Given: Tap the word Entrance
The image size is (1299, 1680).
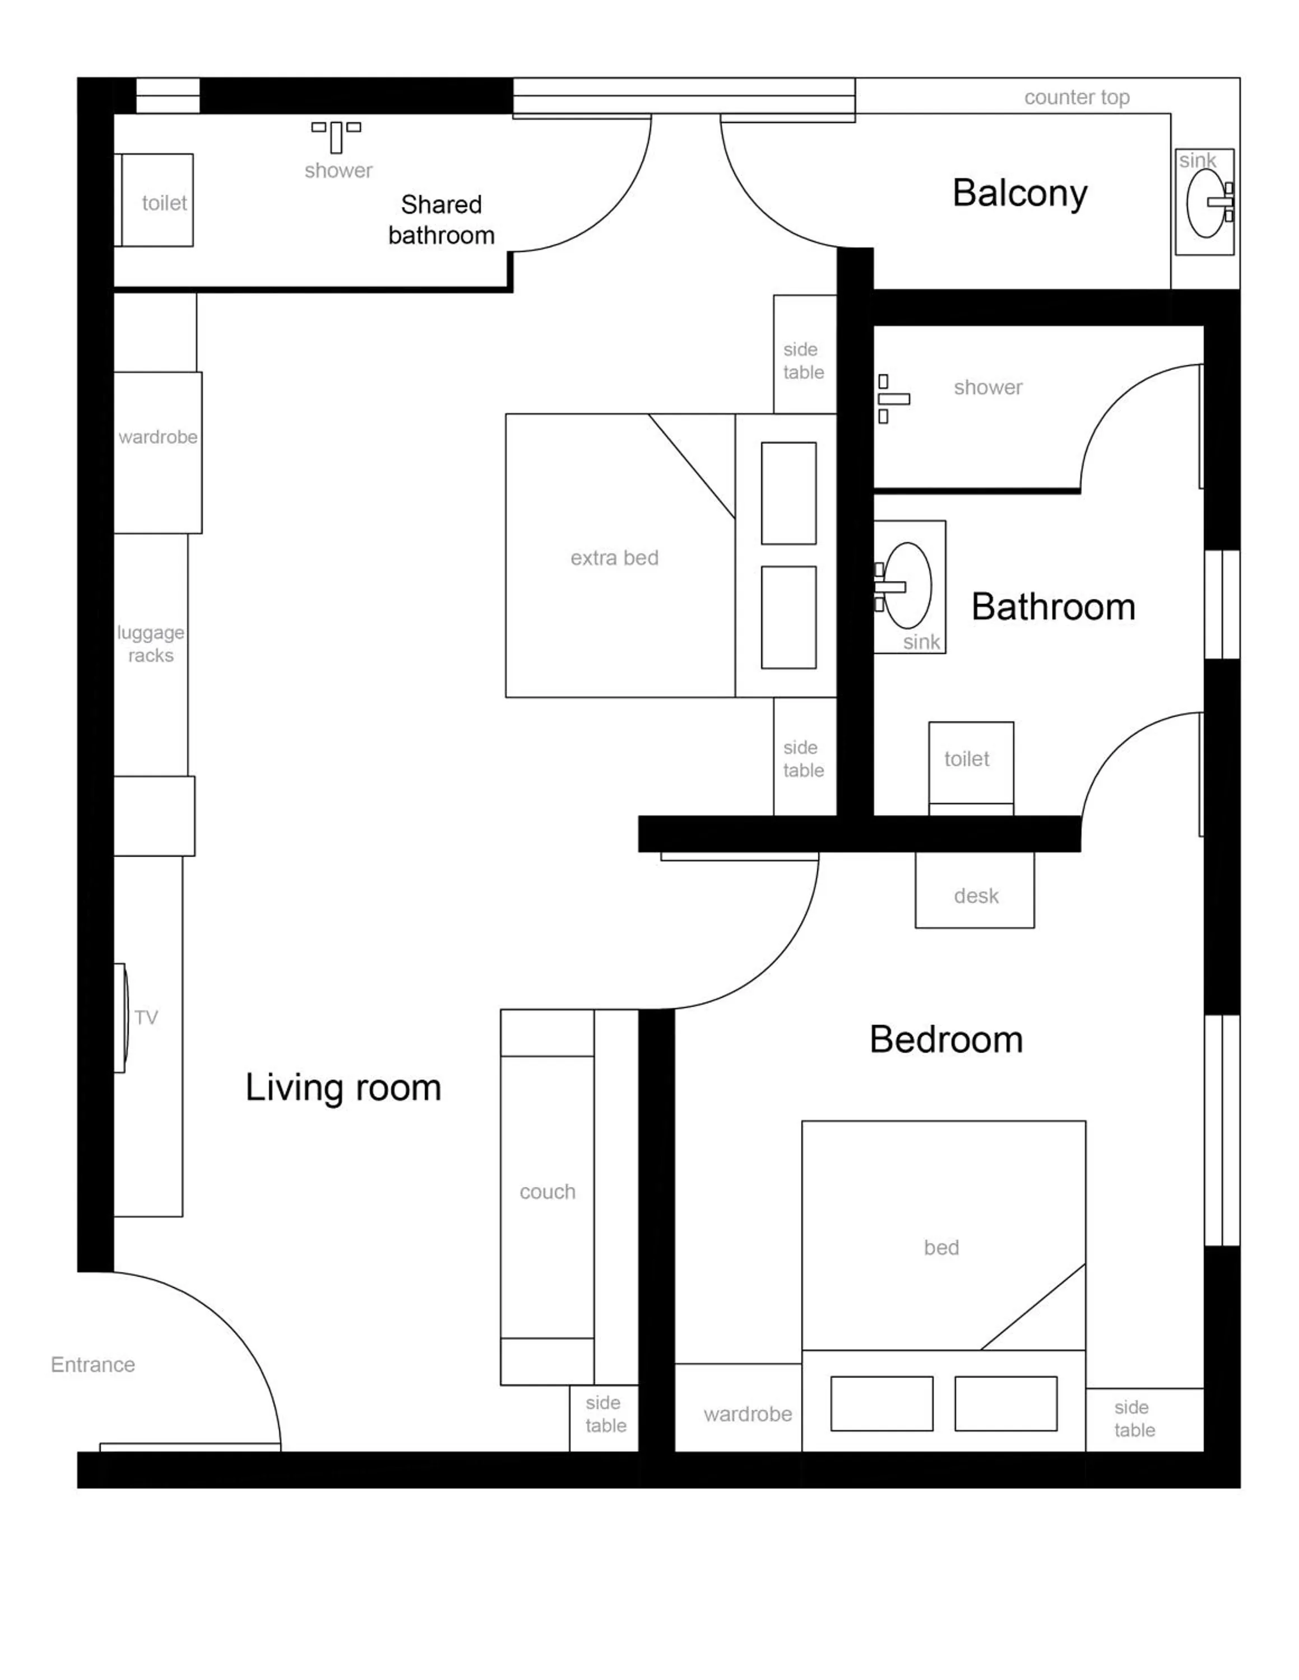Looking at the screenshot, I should click(93, 1365).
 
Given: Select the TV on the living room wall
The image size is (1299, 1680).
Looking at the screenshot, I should click(121, 1018).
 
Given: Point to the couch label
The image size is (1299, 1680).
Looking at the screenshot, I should click(547, 1192).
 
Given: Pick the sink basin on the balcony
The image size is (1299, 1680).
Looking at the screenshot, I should click(1205, 202).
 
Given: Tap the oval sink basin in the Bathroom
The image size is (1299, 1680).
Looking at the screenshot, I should click(908, 585).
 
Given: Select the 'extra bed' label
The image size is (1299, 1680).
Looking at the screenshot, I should click(614, 558).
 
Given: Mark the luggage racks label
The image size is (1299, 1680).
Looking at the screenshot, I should click(151, 644).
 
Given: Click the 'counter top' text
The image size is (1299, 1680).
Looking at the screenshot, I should click(1077, 97).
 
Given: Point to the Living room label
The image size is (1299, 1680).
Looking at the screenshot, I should click(343, 1088).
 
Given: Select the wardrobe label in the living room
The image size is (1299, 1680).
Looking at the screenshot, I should click(158, 437).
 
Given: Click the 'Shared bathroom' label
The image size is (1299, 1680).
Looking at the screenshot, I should click(441, 220).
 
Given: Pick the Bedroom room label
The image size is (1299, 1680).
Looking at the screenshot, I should click(946, 1040).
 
